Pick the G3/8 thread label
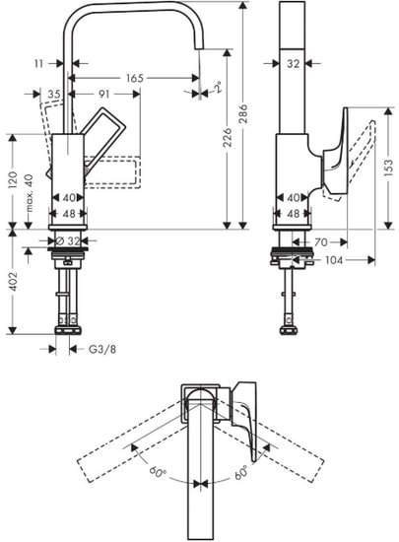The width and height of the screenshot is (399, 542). click(101, 348)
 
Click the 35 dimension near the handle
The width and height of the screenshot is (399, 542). click(53, 95)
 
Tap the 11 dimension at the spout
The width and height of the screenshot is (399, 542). click(37, 62)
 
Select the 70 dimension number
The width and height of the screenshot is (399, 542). click(320, 240)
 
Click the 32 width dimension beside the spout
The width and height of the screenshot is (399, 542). click(292, 63)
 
